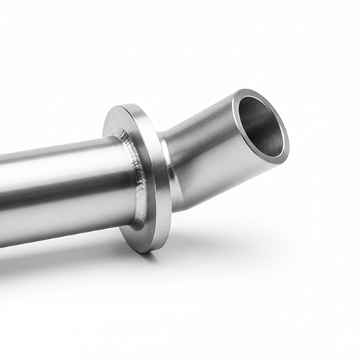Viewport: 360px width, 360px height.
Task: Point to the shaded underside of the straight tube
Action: pyautogui.click(x=65, y=229)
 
